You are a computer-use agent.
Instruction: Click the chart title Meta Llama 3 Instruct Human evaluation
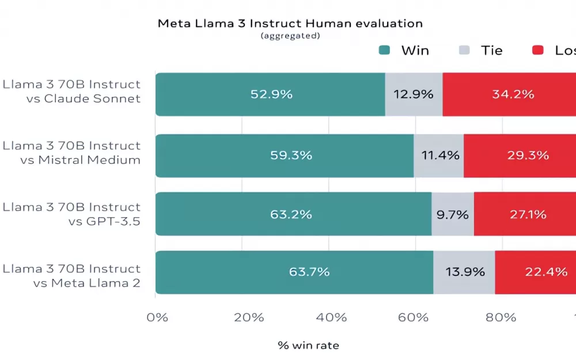(290, 24)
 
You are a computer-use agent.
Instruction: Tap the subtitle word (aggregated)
(290, 36)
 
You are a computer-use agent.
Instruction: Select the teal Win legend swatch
(385, 50)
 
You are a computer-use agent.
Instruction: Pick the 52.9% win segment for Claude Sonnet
(271, 94)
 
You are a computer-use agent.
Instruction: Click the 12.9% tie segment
(414, 94)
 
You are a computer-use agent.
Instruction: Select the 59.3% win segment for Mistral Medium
(285, 156)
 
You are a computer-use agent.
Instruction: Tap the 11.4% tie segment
(439, 156)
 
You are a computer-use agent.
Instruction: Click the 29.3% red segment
(520, 156)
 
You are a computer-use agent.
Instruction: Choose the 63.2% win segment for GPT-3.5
(294, 214)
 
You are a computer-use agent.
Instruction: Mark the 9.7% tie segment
(453, 214)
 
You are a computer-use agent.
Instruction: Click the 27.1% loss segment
(525, 214)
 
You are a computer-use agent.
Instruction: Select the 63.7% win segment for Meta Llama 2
(294, 272)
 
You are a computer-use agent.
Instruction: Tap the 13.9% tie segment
(464, 272)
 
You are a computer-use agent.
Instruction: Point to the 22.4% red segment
(536, 272)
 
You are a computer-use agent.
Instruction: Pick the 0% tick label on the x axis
(157, 317)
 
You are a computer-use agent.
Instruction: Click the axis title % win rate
(309, 346)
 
